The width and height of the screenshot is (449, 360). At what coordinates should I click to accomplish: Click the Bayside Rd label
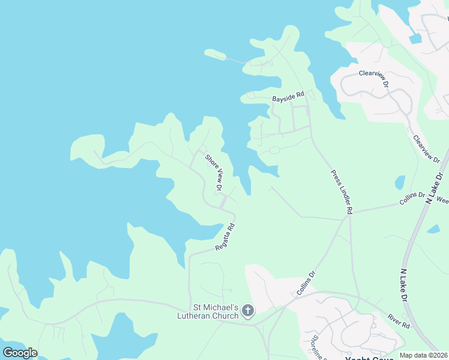(289, 95)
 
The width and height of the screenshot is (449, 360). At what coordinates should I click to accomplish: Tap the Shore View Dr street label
(214, 173)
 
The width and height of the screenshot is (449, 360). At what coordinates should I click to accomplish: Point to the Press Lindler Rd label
(342, 192)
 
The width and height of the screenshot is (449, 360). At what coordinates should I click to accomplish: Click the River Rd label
(398, 321)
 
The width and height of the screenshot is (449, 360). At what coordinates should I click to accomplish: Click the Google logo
(20, 353)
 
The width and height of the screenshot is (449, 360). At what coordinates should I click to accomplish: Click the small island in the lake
(215, 55)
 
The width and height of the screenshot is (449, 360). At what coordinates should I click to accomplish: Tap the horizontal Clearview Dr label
(374, 78)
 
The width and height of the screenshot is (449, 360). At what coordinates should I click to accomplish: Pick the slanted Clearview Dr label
(426, 149)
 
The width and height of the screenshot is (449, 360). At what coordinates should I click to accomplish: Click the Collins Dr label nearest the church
(306, 283)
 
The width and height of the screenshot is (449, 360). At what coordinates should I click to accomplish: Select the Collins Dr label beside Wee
(414, 199)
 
